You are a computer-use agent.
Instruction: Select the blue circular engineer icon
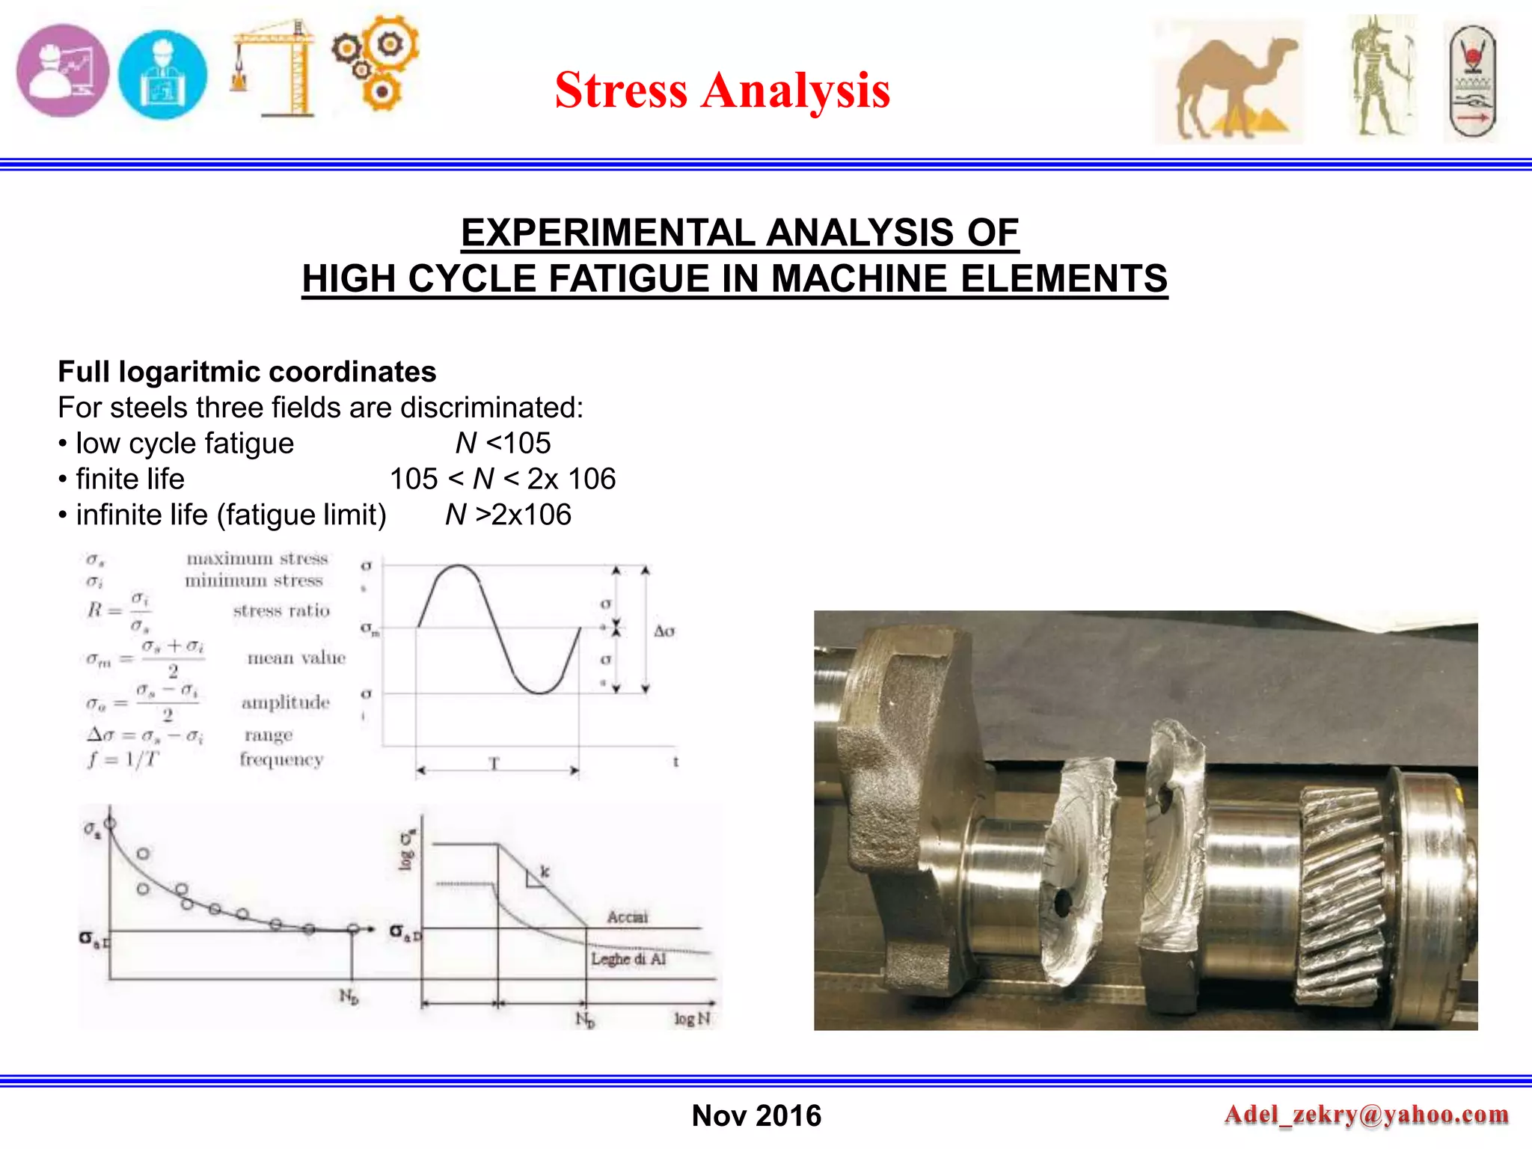pos(162,75)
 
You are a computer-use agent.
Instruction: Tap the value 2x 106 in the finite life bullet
pos(571,479)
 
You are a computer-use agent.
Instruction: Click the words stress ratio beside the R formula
pos(281,611)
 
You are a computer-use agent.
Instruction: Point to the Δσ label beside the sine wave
pos(664,631)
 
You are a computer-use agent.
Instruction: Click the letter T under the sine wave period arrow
pos(494,764)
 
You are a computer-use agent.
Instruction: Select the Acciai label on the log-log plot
pos(627,917)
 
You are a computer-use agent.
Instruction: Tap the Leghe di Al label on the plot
pos(628,959)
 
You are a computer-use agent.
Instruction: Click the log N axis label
pos(691,1019)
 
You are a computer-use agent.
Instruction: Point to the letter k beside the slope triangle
pos(545,871)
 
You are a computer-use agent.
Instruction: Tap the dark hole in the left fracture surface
pos(1061,904)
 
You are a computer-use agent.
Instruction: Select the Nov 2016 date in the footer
pos(756,1115)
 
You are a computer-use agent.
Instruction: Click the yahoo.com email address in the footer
pos(1366,1115)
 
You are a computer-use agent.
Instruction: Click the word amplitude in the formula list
pos(286,702)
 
